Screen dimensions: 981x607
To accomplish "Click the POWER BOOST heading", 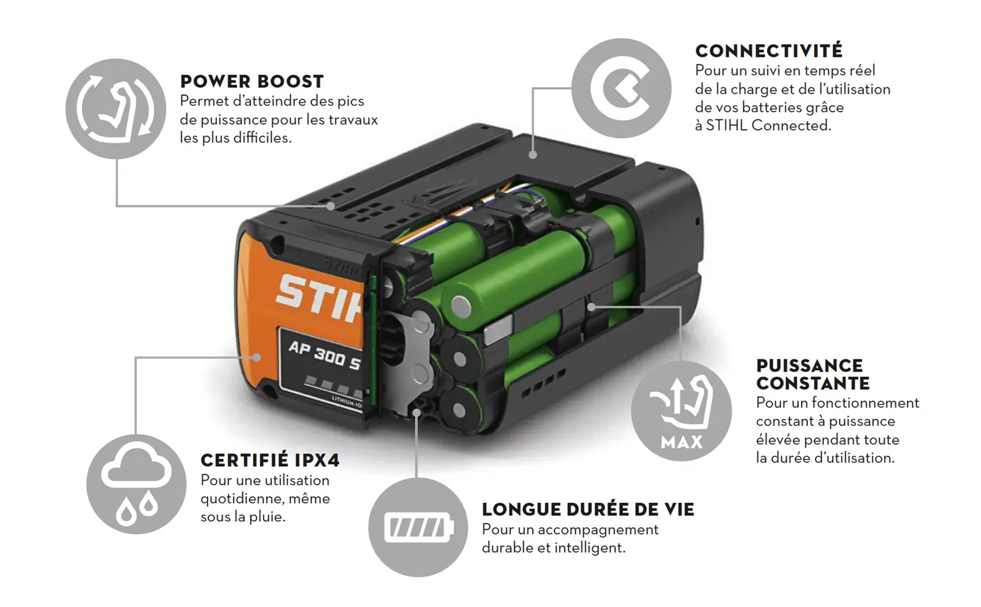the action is click(x=252, y=81).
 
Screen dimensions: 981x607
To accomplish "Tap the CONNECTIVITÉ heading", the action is click(x=769, y=51).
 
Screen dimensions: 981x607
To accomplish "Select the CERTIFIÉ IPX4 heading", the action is click(x=270, y=461).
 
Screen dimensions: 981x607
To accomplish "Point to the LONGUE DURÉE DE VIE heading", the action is click(x=588, y=510).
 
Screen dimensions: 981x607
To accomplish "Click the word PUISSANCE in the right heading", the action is click(x=809, y=366).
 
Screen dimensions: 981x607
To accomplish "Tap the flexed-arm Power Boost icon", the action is click(x=116, y=108).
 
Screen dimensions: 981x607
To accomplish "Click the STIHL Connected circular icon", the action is click(x=622, y=88).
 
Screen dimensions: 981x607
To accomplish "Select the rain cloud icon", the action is click(x=136, y=484).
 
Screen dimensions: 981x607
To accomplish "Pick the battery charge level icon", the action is click(x=418, y=527).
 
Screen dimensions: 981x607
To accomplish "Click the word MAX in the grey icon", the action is click(x=681, y=442).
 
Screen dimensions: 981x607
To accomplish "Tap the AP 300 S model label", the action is click(x=324, y=355).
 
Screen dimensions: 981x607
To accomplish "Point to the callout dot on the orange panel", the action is click(x=257, y=358).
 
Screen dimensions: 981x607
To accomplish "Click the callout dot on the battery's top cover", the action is click(x=533, y=154).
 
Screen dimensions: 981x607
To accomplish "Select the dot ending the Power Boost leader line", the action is click(x=330, y=206).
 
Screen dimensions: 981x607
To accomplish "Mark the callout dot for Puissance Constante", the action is click(x=591, y=307).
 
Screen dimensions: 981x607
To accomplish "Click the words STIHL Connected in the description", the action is click(x=768, y=126).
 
